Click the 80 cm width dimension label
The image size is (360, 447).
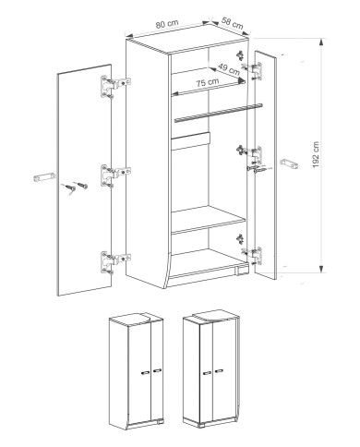pyautogui.click(x=167, y=24)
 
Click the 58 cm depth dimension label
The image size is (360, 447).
pyautogui.click(x=233, y=24)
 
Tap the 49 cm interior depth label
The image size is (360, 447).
pyautogui.click(x=229, y=69)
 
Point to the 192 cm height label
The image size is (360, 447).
pyautogui.click(x=316, y=154)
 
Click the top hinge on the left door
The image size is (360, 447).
pyautogui.click(x=116, y=87)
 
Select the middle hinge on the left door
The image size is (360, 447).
pyautogui.click(x=116, y=175)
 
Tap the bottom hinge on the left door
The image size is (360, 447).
pyautogui.click(x=116, y=262)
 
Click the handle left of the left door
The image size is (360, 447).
pyautogui.click(x=44, y=177)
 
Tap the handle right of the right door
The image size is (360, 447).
pyautogui.click(x=289, y=163)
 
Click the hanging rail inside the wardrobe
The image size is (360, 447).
pyautogui.click(x=219, y=113)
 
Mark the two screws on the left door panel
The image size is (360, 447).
pyautogui.click(x=76, y=187)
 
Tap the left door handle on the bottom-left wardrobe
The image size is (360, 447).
pyautogui.click(x=145, y=372)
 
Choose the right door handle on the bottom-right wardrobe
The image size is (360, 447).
pyautogui.click(x=219, y=371)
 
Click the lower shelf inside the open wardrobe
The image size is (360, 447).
pyautogui.click(x=209, y=220)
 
